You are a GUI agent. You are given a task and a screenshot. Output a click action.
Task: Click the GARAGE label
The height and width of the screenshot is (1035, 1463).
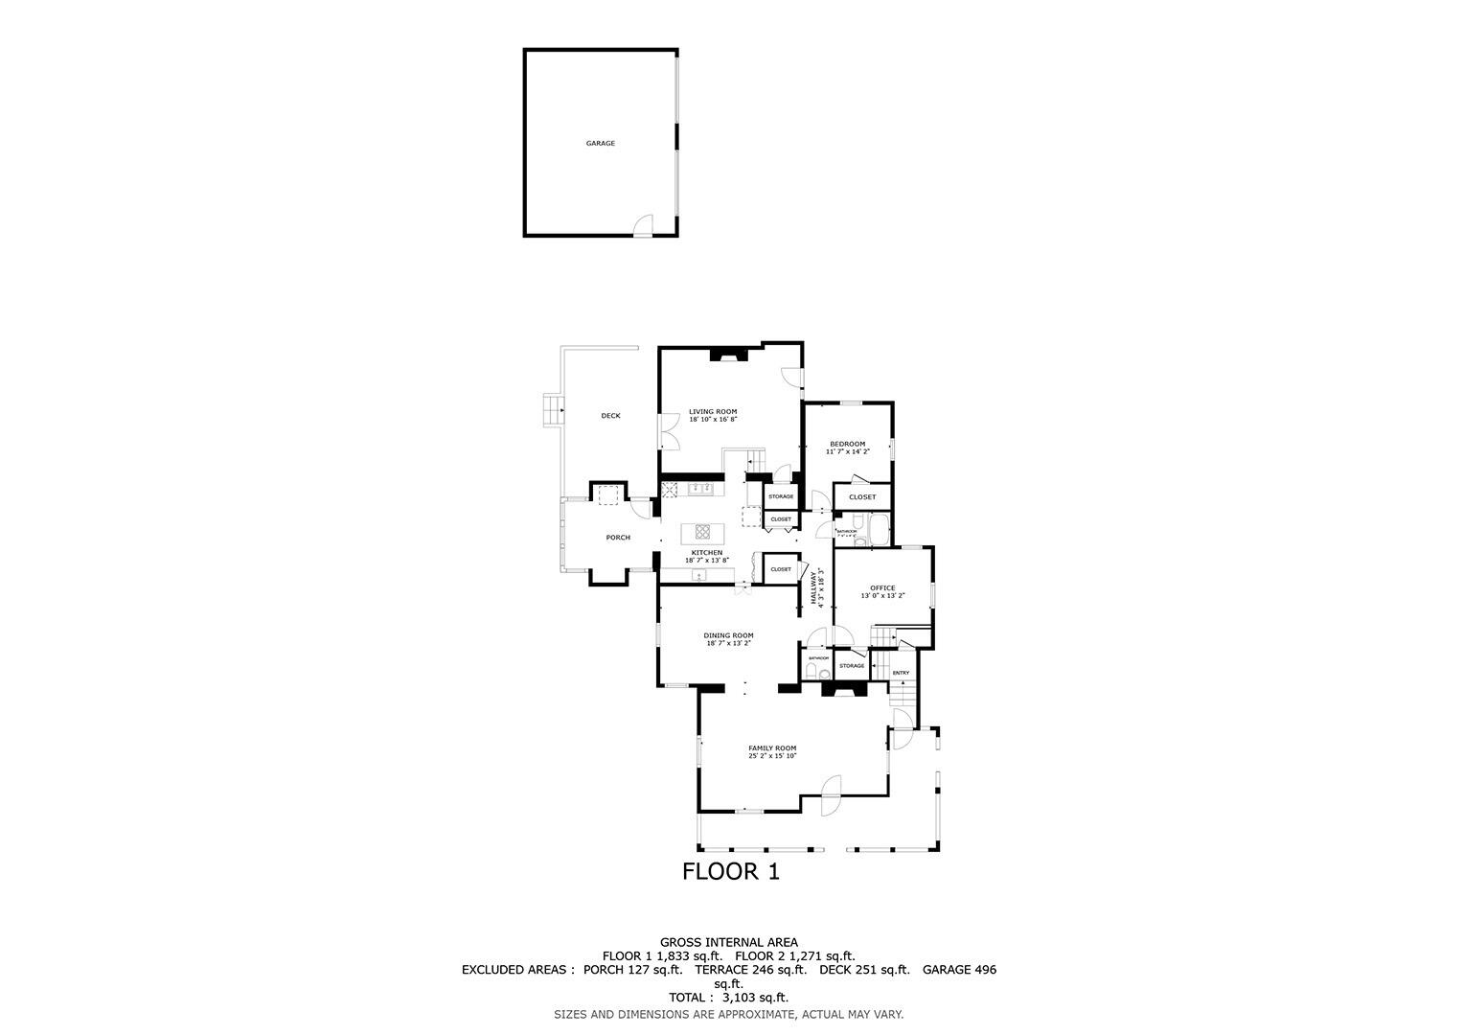click(601, 144)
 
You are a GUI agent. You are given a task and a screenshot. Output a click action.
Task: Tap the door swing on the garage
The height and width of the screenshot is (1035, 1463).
click(643, 225)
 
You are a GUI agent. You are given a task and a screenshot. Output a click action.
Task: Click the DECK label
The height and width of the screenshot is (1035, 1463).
click(610, 416)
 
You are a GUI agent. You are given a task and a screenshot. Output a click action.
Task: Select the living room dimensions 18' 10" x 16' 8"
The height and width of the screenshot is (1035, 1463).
click(713, 420)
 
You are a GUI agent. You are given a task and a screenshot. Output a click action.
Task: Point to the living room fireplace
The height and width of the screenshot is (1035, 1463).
click(728, 356)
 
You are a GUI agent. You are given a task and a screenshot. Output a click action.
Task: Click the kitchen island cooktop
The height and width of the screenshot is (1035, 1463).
click(702, 532)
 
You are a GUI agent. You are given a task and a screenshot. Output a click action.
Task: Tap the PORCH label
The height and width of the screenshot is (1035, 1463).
click(618, 538)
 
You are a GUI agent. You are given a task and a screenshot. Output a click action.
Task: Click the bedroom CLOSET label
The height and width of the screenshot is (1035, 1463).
click(862, 497)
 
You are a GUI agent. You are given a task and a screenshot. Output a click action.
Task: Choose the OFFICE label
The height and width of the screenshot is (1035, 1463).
click(882, 588)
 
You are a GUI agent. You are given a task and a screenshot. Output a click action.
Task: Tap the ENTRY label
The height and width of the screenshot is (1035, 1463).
click(901, 673)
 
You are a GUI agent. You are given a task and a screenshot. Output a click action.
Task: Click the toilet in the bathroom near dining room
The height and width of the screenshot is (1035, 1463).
click(812, 675)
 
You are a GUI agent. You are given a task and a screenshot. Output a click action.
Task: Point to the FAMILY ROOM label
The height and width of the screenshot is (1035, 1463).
click(772, 748)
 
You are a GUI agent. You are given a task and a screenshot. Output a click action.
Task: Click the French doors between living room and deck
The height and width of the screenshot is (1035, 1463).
click(667, 433)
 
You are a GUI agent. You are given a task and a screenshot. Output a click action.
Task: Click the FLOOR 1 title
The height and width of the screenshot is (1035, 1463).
click(731, 872)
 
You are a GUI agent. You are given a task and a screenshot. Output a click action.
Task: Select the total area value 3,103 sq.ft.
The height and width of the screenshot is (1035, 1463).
click(756, 998)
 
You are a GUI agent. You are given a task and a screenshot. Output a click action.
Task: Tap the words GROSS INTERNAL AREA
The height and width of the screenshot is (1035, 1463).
click(728, 943)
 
